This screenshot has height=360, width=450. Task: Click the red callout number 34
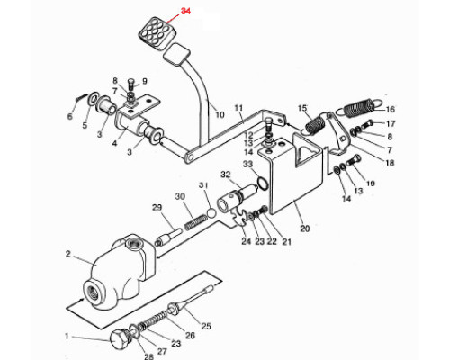(185, 11)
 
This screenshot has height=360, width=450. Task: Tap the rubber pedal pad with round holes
(154, 33)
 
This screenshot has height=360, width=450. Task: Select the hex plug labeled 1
(118, 339)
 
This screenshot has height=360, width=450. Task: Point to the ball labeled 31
(211, 212)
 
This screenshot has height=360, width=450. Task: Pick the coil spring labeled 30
(196, 222)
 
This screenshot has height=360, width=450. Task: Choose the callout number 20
(305, 229)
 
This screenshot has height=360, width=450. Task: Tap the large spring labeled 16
(358, 108)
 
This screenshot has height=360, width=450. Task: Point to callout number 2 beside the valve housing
(68, 254)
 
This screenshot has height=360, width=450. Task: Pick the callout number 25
(206, 326)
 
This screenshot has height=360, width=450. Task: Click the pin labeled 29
(168, 237)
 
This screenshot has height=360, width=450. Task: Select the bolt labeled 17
(366, 124)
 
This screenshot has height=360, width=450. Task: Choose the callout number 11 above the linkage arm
(238, 108)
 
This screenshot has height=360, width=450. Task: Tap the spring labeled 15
(314, 124)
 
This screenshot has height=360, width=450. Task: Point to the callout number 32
(226, 175)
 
